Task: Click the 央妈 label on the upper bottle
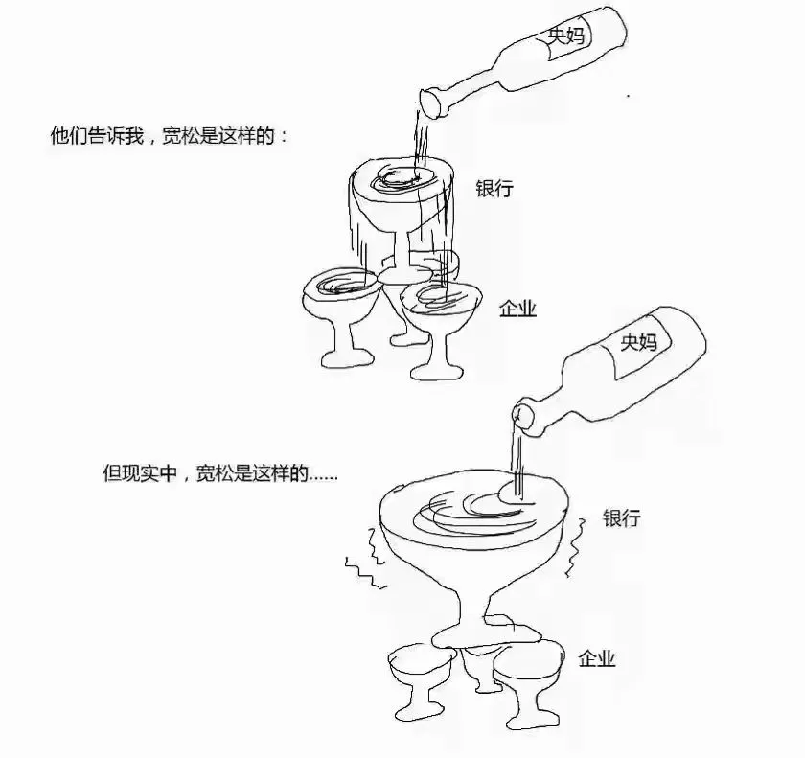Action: [x=565, y=35]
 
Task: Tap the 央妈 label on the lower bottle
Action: [x=638, y=342]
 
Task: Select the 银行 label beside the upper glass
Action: [x=494, y=189]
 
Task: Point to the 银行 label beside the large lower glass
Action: [x=622, y=517]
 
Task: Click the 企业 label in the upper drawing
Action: [x=518, y=309]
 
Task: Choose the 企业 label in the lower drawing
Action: [x=596, y=658]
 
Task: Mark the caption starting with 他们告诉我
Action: [x=170, y=136]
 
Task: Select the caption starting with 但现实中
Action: [x=220, y=473]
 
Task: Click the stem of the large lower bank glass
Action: [x=472, y=606]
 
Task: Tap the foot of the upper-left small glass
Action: [x=347, y=358]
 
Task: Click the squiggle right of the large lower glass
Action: [x=575, y=547]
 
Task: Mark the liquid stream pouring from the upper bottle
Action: [x=421, y=144]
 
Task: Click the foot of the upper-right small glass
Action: [x=437, y=371]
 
